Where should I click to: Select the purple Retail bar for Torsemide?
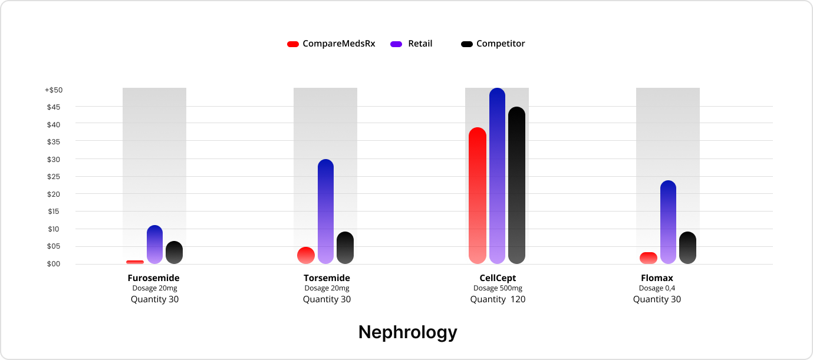(x=325, y=212)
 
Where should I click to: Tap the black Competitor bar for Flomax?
(x=687, y=247)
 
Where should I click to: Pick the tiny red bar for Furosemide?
(x=135, y=262)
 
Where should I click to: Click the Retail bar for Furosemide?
(x=154, y=245)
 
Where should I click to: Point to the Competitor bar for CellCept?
(x=516, y=185)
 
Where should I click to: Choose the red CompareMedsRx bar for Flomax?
(x=649, y=258)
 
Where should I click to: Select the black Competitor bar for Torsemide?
(x=345, y=247)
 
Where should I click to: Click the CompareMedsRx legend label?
(x=338, y=44)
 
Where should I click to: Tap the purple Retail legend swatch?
(x=396, y=44)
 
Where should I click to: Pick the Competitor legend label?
(x=501, y=44)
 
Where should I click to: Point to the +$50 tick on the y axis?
(x=54, y=90)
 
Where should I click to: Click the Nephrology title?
(x=407, y=332)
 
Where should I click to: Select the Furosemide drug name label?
(x=153, y=278)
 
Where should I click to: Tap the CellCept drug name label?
(x=498, y=278)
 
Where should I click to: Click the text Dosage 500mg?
(x=498, y=289)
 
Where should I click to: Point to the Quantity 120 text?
(x=498, y=299)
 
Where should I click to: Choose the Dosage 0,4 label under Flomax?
(x=657, y=289)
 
